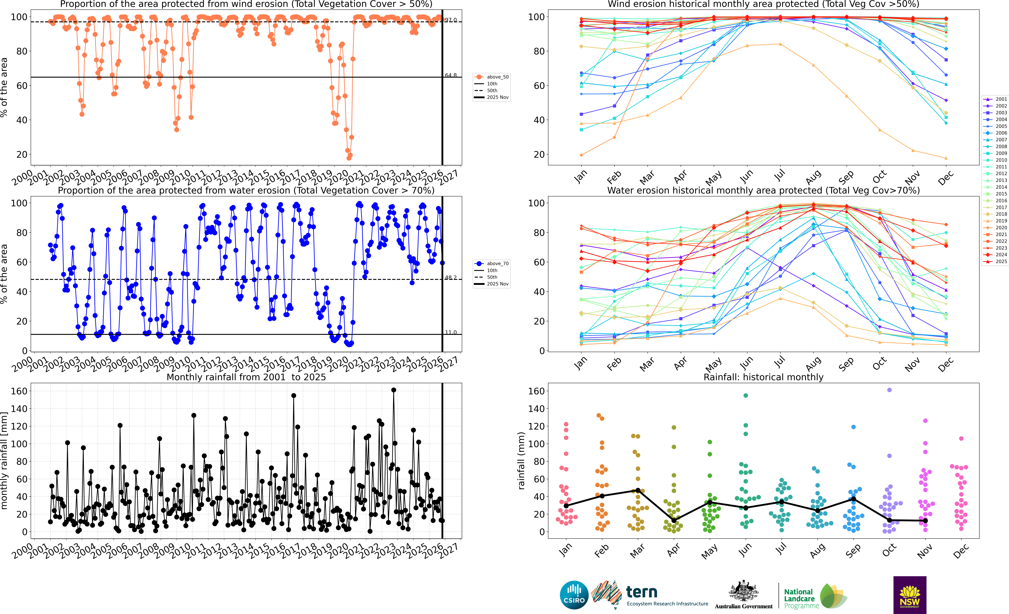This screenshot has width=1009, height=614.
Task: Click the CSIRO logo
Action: pos(574,595)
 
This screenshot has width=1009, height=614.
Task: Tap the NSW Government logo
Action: pos(910,595)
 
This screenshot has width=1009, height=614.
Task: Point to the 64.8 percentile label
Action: pos(451,75)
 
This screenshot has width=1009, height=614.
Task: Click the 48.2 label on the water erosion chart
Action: pos(451,278)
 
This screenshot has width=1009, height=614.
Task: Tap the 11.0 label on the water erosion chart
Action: pos(451,332)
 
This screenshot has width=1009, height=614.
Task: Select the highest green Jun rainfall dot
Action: pos(746,395)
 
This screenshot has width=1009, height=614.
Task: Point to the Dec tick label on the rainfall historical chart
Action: pos(960,551)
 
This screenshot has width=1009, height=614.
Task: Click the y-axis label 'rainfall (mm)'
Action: pos(521,461)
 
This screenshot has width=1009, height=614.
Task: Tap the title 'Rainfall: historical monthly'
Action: pos(763,377)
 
